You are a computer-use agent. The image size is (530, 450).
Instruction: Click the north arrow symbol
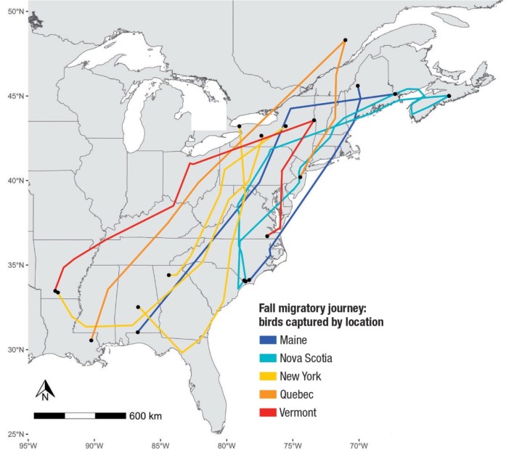pos(44,390)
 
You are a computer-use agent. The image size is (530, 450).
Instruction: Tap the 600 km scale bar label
pos(145,416)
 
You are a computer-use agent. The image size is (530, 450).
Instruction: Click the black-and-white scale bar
pos(79,416)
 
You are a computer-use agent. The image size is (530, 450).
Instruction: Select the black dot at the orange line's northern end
pos(346,40)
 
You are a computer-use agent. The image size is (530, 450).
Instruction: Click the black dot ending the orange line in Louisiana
pos(91,340)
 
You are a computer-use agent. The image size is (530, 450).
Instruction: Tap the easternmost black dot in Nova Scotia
pos(449,96)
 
